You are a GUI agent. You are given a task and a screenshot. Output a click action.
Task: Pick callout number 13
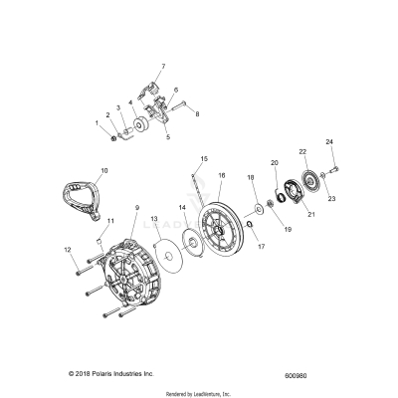pos(154,245)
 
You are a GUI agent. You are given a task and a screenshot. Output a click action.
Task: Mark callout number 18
pos(251,177)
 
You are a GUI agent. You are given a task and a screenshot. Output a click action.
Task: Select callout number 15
pos(204,158)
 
